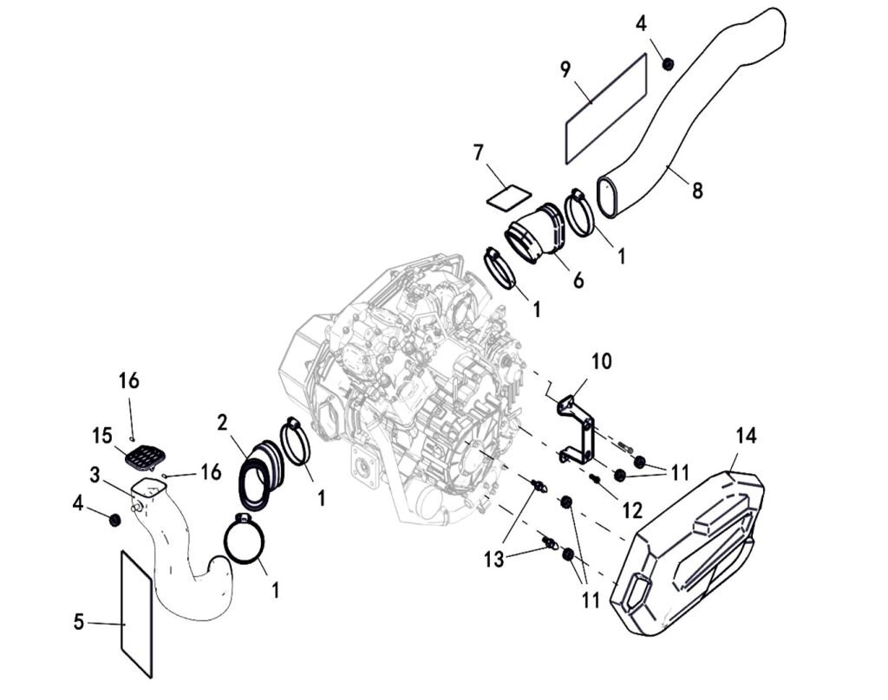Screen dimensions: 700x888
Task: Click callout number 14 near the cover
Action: [x=746, y=436]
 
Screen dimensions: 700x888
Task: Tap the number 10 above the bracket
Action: [x=602, y=360]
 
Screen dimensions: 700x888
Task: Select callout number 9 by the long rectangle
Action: [x=565, y=70]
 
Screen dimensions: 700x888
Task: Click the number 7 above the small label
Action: [x=478, y=152]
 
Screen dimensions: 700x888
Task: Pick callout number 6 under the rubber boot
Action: [x=578, y=281]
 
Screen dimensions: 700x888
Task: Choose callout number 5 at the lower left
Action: [x=79, y=622]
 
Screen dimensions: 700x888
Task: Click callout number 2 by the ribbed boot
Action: [x=223, y=423]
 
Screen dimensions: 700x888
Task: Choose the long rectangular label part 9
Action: [x=606, y=108]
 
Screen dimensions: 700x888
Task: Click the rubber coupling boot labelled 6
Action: [x=535, y=232]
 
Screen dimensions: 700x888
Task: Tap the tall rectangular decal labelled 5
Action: [x=136, y=613]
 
